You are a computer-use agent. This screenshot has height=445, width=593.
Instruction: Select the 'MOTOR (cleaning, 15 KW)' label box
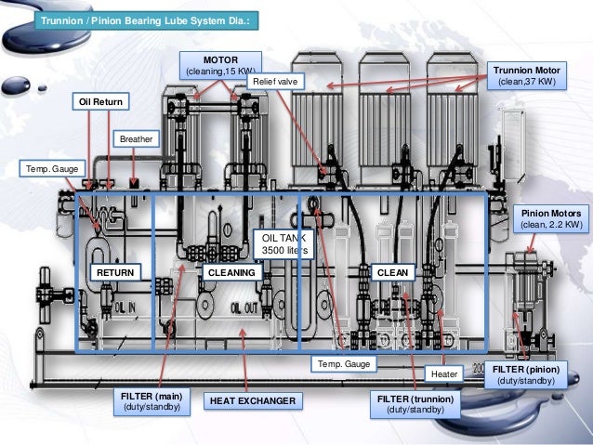[220, 65]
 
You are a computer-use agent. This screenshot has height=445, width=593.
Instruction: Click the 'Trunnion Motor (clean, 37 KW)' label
[526, 75]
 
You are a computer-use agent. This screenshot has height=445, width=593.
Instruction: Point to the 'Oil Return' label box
[102, 101]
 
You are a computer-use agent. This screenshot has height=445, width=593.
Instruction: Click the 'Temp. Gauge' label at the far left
[52, 168]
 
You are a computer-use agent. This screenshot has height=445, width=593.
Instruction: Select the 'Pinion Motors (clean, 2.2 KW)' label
[552, 217]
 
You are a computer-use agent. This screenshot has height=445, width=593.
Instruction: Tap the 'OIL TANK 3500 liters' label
[283, 244]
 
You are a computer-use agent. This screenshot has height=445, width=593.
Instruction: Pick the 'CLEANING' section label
[230, 272]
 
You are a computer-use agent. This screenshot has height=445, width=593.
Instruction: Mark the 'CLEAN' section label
[390, 272]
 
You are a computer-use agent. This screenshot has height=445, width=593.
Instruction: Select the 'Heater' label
[443, 373]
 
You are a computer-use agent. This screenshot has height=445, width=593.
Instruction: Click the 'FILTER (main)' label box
[151, 401]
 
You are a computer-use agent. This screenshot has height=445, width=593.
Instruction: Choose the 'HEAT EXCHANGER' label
[252, 401]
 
